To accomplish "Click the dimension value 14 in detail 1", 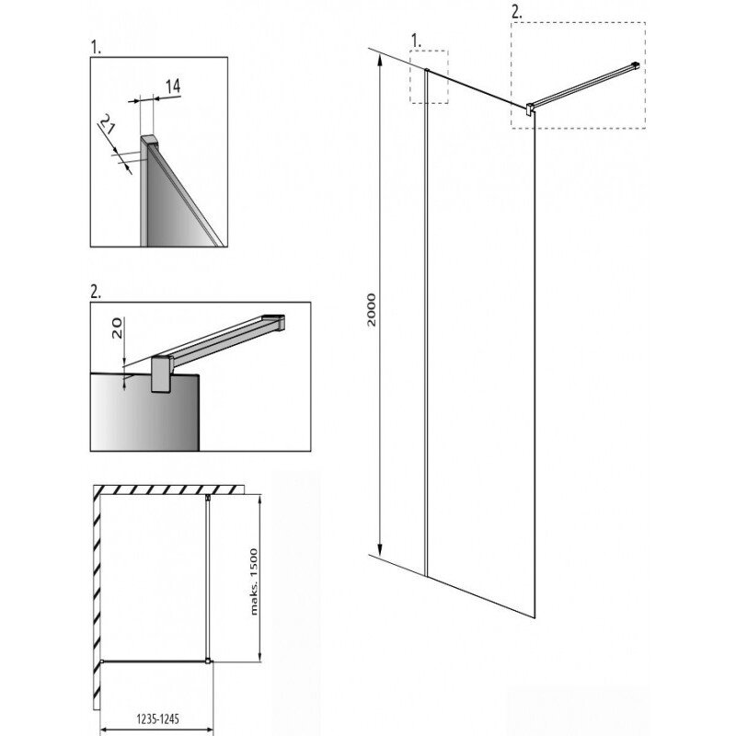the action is tap(173, 86).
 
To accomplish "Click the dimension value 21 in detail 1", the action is tap(106, 124).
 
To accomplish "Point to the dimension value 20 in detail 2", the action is tap(117, 328).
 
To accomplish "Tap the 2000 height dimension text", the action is tap(372, 310).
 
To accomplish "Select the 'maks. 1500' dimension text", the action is tap(254, 581).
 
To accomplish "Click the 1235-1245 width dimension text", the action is tap(157, 719).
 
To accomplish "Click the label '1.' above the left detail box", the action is tap(96, 48).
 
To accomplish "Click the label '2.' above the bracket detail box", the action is tap(96, 292).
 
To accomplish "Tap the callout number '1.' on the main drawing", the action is tap(416, 41).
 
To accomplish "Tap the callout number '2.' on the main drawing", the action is tap(516, 13).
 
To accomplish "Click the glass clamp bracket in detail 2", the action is tap(162, 374).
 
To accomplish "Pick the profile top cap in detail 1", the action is tap(149, 141).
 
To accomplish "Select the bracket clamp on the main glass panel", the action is tap(530, 109).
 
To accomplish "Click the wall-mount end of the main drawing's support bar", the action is tap(636, 66).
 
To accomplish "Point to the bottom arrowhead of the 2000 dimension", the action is tap(380, 549).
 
